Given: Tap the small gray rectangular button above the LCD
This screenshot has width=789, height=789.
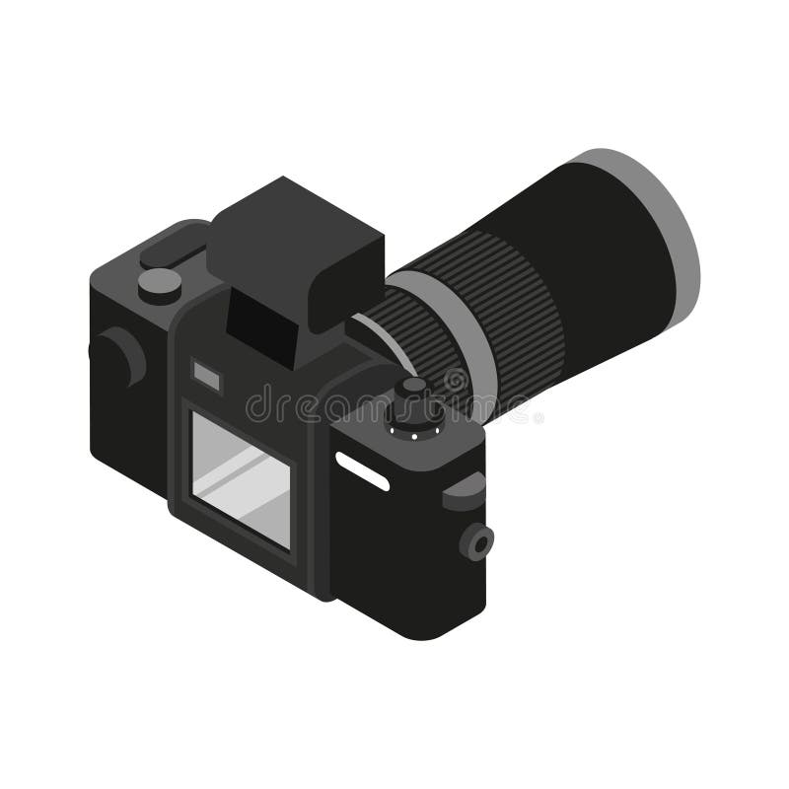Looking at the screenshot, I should click(x=206, y=373).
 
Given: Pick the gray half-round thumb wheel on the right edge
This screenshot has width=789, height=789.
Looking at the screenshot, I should click(x=464, y=489).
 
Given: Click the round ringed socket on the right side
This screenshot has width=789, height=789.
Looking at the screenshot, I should click(x=479, y=541).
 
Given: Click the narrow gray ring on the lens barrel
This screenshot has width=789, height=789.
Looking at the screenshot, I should click(x=464, y=335).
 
